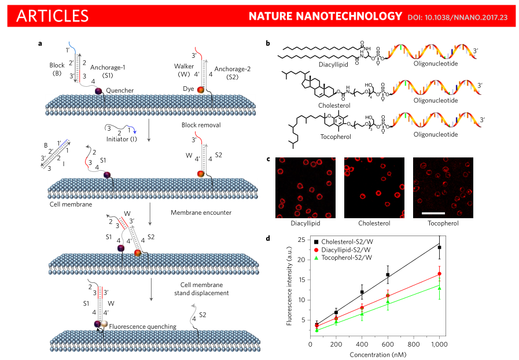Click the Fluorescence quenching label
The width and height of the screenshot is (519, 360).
click(143, 326)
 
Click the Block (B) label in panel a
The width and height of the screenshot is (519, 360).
click(56, 69)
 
